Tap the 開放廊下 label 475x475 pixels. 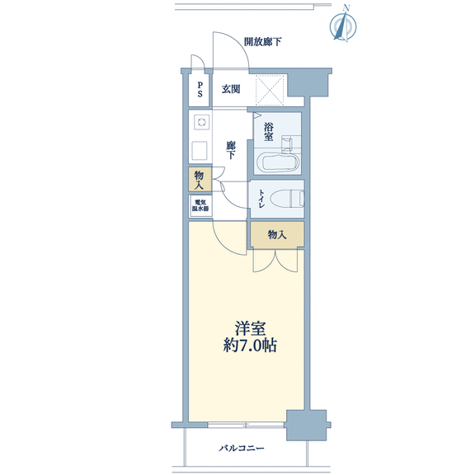pos(262,41)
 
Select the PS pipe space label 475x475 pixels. pos(200,89)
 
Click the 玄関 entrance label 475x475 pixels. pos(231,89)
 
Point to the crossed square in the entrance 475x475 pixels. pos(270,91)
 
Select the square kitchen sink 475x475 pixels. pos(200,151)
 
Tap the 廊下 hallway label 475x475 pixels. pos(231,150)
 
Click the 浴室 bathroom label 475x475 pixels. pos(268,132)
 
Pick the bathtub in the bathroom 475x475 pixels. pos(278,162)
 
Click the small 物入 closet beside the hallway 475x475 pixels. pos(200,179)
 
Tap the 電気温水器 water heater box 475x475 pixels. pos(200,206)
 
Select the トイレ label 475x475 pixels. pos(261,199)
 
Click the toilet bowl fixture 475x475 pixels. pos(287,199)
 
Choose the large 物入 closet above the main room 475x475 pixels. pos(277,234)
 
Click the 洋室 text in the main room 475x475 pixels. pos(250,328)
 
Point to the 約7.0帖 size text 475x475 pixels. pos(250,346)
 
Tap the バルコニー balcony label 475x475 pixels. pos(242,448)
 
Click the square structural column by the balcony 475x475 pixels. pos(307,426)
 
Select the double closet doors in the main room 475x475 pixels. pos(275,261)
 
